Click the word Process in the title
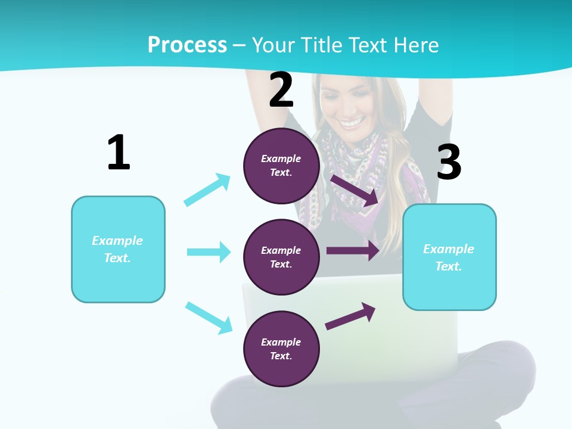[x=187, y=45]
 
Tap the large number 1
[x=119, y=153]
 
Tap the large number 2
[x=281, y=90]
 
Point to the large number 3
[x=449, y=162]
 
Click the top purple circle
[x=281, y=166]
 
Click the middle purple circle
[x=281, y=257]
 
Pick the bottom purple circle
[x=281, y=349]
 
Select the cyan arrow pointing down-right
[x=209, y=318]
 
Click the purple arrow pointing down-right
[x=355, y=190]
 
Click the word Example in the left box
[x=117, y=240]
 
